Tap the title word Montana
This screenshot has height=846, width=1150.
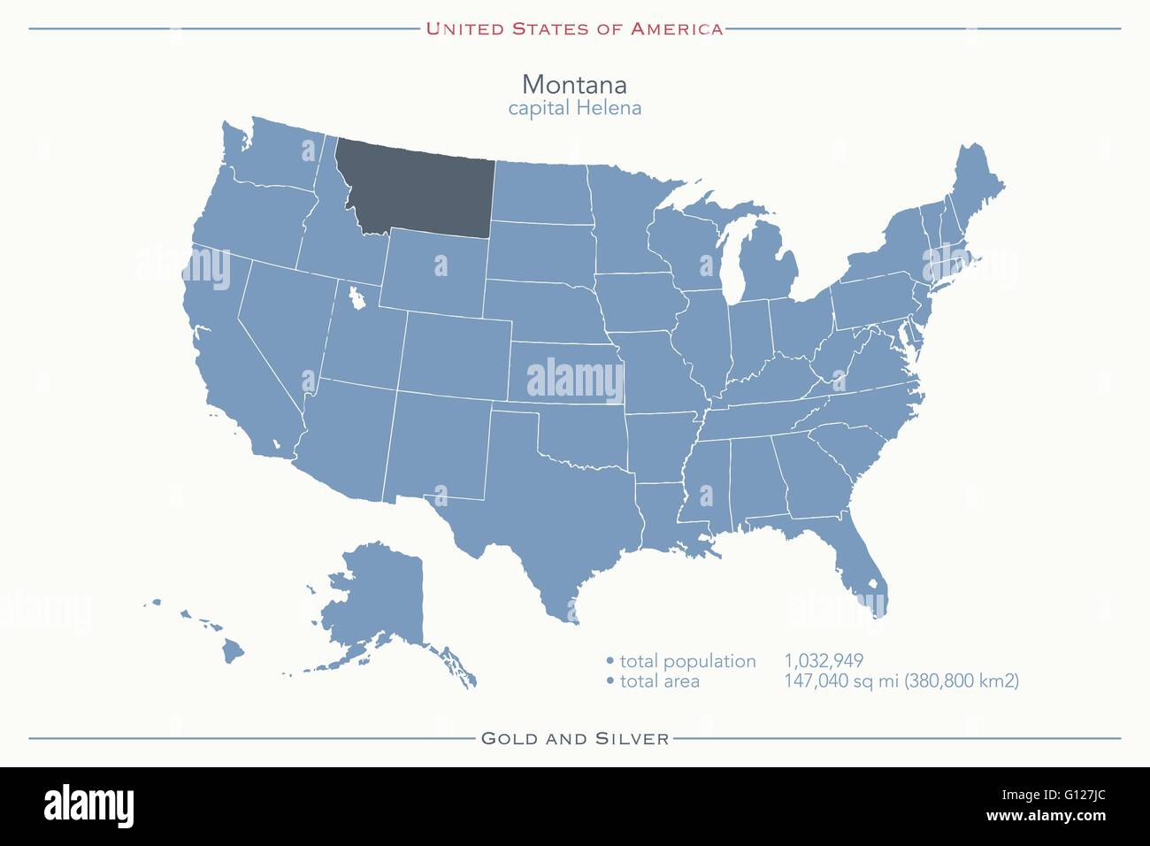coord(574,84)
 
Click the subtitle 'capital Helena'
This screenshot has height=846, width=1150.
coord(574,108)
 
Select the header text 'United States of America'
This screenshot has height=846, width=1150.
coord(574,28)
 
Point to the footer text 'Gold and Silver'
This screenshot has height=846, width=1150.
coord(574,738)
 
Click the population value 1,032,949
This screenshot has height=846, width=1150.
coord(824,661)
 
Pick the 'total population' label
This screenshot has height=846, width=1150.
coord(687,661)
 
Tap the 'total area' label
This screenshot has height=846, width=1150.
coord(659,681)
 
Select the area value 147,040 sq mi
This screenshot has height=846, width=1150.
coord(901,681)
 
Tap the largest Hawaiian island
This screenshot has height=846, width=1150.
coord(233,652)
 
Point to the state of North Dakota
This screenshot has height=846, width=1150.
coord(540,190)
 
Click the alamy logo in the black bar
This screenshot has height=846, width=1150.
coord(88,805)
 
